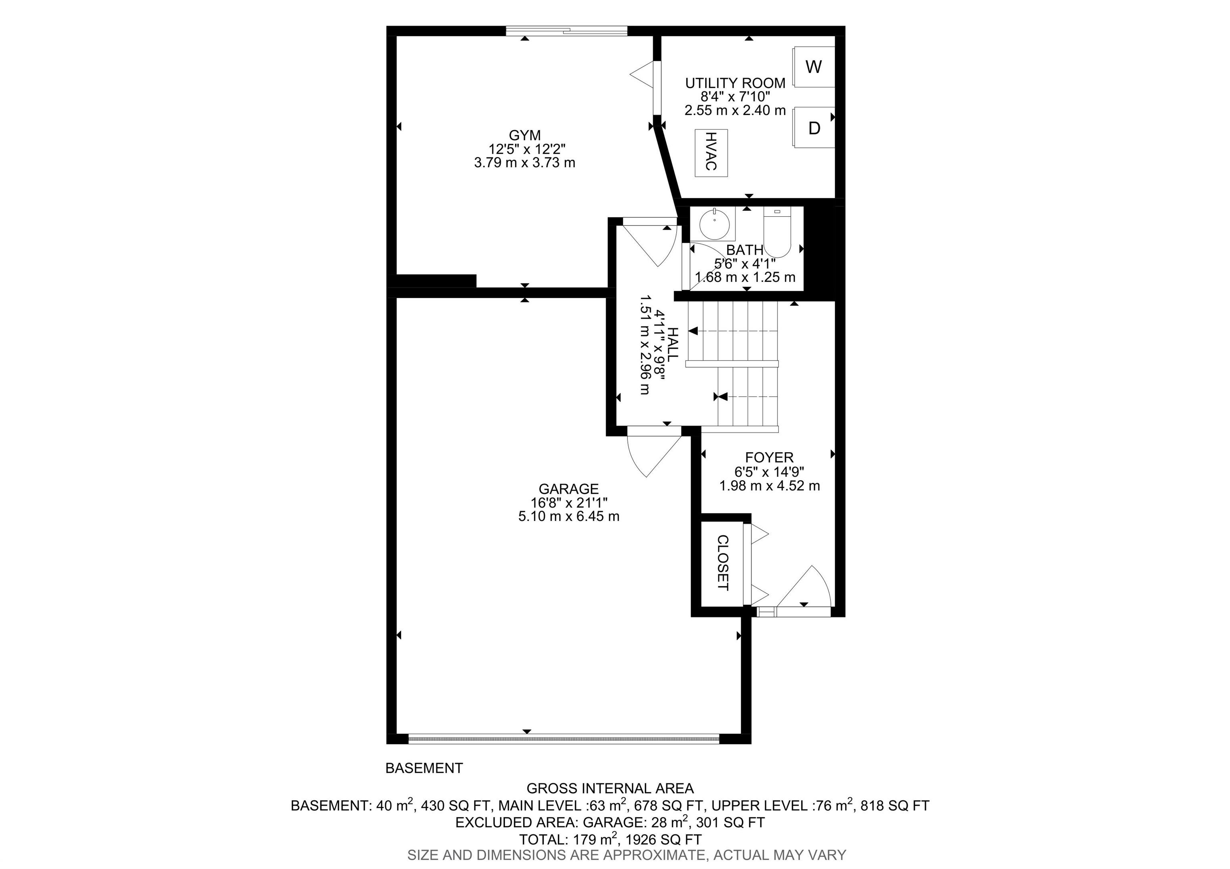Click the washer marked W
coord(813,67)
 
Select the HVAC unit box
coord(711,153)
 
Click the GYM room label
coord(525,135)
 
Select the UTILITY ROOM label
coord(735,83)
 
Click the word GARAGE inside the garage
coord(569,489)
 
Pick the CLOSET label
coord(723,563)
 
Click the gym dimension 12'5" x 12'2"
coord(525,149)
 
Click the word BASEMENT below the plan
coord(424,768)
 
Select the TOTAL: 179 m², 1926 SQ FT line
coord(610,839)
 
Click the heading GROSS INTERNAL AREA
coord(610,788)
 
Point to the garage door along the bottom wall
coord(564,739)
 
